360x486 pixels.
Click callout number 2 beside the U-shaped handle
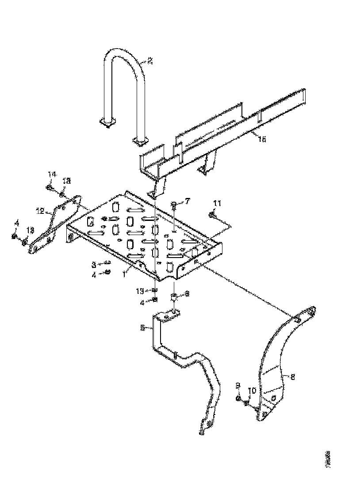click(x=150, y=61)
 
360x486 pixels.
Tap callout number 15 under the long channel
click(x=262, y=139)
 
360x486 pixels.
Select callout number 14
click(x=52, y=175)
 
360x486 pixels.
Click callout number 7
click(x=187, y=201)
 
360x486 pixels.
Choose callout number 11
click(x=216, y=203)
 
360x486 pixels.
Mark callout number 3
click(x=94, y=265)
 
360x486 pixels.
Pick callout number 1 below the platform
click(x=125, y=273)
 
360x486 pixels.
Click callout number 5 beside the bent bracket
click(x=142, y=328)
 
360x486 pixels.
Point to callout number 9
click(x=238, y=386)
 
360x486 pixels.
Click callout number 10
click(x=252, y=390)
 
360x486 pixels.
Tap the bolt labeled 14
click(x=49, y=187)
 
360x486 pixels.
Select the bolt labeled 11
click(x=211, y=215)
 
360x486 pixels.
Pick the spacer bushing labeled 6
click(x=174, y=297)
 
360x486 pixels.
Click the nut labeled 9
click(x=238, y=399)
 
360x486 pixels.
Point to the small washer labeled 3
click(x=107, y=264)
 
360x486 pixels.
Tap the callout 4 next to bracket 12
click(x=16, y=222)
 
